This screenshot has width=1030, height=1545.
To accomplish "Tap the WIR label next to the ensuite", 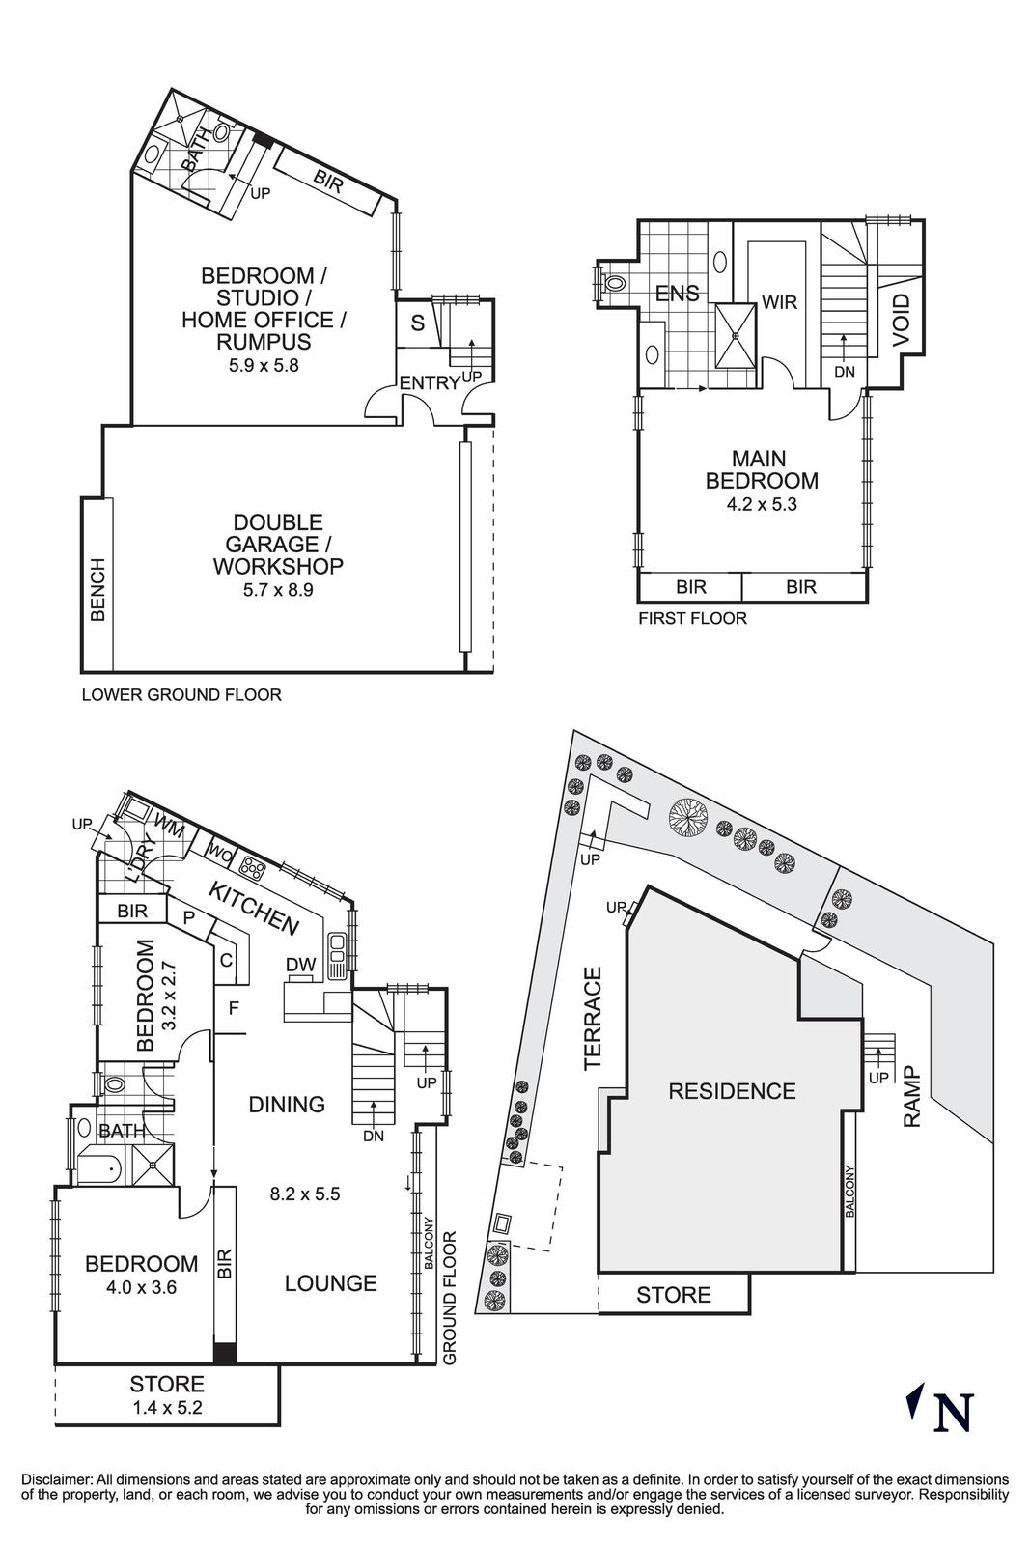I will [x=779, y=302].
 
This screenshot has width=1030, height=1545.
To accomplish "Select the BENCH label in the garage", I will [x=97, y=589].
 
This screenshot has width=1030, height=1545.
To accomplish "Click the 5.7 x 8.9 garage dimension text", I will [x=278, y=589].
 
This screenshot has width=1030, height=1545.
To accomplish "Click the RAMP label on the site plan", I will [x=911, y=1096].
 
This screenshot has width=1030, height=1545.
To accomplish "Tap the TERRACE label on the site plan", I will [x=592, y=1018].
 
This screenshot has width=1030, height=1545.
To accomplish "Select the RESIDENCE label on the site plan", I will [x=732, y=1091].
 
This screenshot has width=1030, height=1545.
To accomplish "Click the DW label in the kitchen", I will [x=300, y=963].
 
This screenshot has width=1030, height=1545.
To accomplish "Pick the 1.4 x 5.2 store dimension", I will [x=167, y=1408].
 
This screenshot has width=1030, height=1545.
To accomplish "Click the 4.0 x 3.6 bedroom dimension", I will [x=141, y=1286].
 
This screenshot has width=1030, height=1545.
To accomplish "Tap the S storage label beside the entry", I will [x=417, y=323].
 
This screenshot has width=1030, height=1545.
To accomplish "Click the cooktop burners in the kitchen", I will [x=253, y=867].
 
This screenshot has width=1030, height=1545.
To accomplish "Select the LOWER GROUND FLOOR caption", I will [x=181, y=694].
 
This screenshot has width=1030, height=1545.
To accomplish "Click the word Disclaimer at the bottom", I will [x=55, y=1478].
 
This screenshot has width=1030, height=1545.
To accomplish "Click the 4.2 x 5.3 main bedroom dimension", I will [x=762, y=503].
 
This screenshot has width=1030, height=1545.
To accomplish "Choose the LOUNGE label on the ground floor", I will [x=330, y=1283].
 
